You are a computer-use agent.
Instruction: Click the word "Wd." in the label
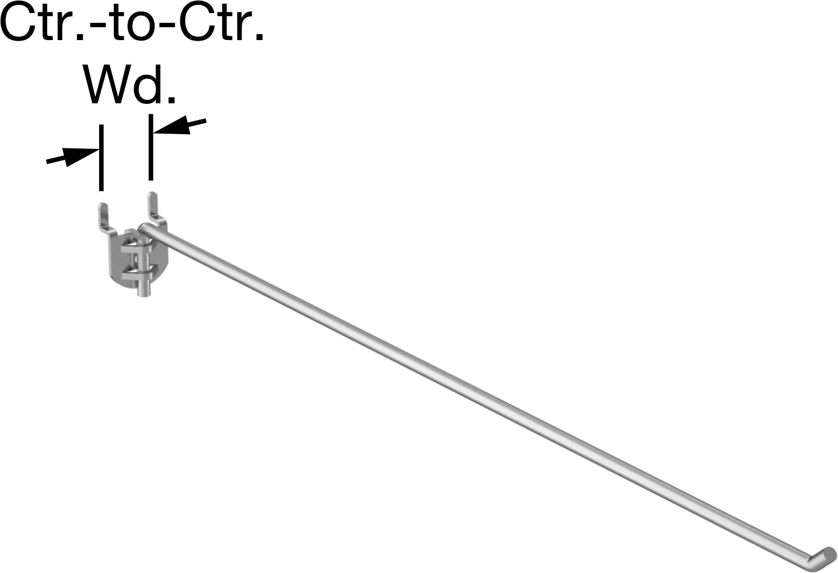[x=130, y=84]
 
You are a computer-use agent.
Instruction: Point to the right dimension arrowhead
[x=172, y=125]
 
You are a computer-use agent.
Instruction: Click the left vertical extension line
[x=101, y=158]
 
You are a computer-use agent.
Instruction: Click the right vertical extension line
[x=151, y=147]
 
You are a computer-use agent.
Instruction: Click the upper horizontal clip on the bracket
[x=135, y=249]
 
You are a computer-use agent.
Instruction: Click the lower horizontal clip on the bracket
[x=135, y=277]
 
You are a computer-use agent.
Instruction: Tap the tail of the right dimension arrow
[x=205, y=120]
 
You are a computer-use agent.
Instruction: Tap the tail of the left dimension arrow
[x=47, y=161]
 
